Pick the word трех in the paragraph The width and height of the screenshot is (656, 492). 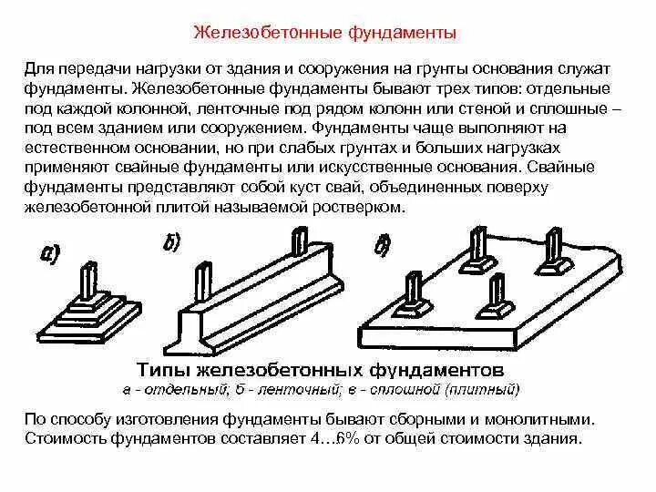coord(425,89)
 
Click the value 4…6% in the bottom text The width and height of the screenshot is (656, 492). coord(338,439)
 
